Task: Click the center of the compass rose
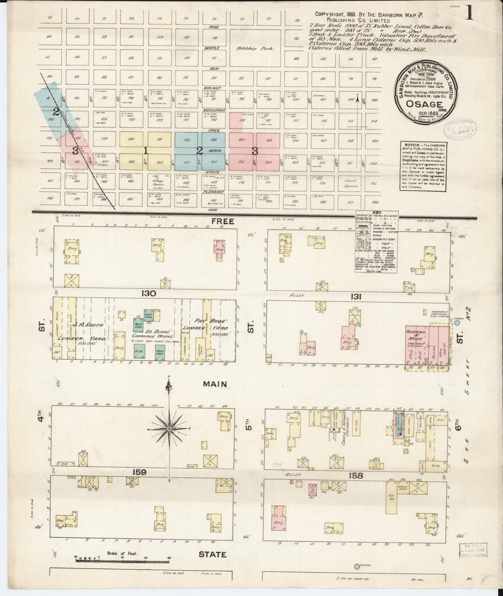click(x=169, y=429)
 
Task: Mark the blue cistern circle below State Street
click(x=357, y=566)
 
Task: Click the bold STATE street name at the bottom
click(x=212, y=554)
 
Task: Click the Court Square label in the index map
click(x=351, y=183)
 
